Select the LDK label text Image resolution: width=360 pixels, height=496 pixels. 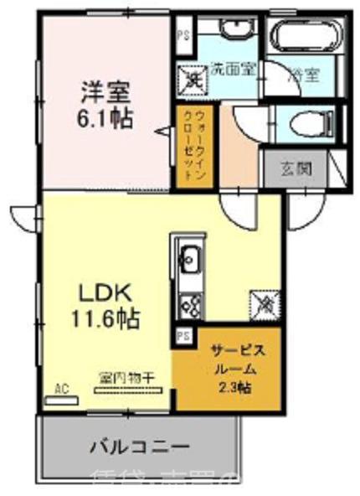coord(104,294)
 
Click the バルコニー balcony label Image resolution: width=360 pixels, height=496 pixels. coord(138,445)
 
